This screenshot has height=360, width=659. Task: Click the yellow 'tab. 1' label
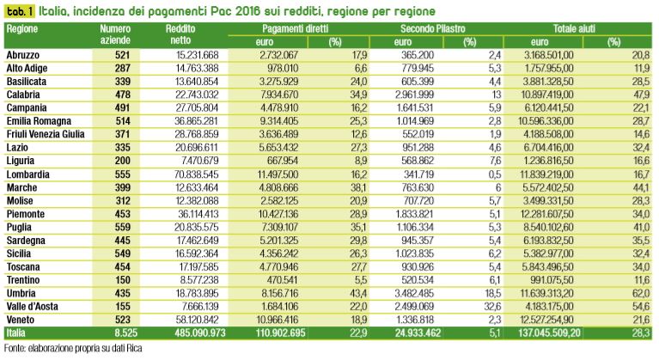click(20, 11)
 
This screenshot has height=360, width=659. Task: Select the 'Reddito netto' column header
click(180, 34)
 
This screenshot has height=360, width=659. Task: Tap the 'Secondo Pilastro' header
click(432, 28)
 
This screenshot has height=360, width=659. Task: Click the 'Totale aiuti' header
click(574, 28)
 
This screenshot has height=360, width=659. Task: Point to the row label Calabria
click(23, 95)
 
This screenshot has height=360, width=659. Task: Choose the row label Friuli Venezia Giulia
click(46, 134)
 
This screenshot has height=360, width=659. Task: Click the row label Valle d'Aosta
click(32, 306)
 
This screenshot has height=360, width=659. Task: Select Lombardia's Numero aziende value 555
click(122, 174)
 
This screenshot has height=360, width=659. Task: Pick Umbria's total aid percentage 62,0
click(641, 293)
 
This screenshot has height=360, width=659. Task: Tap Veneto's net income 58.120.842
click(197, 320)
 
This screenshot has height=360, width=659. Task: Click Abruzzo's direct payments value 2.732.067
click(279, 55)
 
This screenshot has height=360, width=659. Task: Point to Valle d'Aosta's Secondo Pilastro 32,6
click(492, 306)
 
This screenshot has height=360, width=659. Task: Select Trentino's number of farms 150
click(122, 280)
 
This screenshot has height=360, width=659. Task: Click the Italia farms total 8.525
click(125, 333)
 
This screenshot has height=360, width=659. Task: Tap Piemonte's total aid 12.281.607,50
click(546, 214)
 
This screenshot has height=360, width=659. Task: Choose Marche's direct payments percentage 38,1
click(358, 187)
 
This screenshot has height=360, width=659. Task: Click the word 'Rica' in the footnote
click(135, 348)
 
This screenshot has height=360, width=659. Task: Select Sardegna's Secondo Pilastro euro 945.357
click(417, 241)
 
